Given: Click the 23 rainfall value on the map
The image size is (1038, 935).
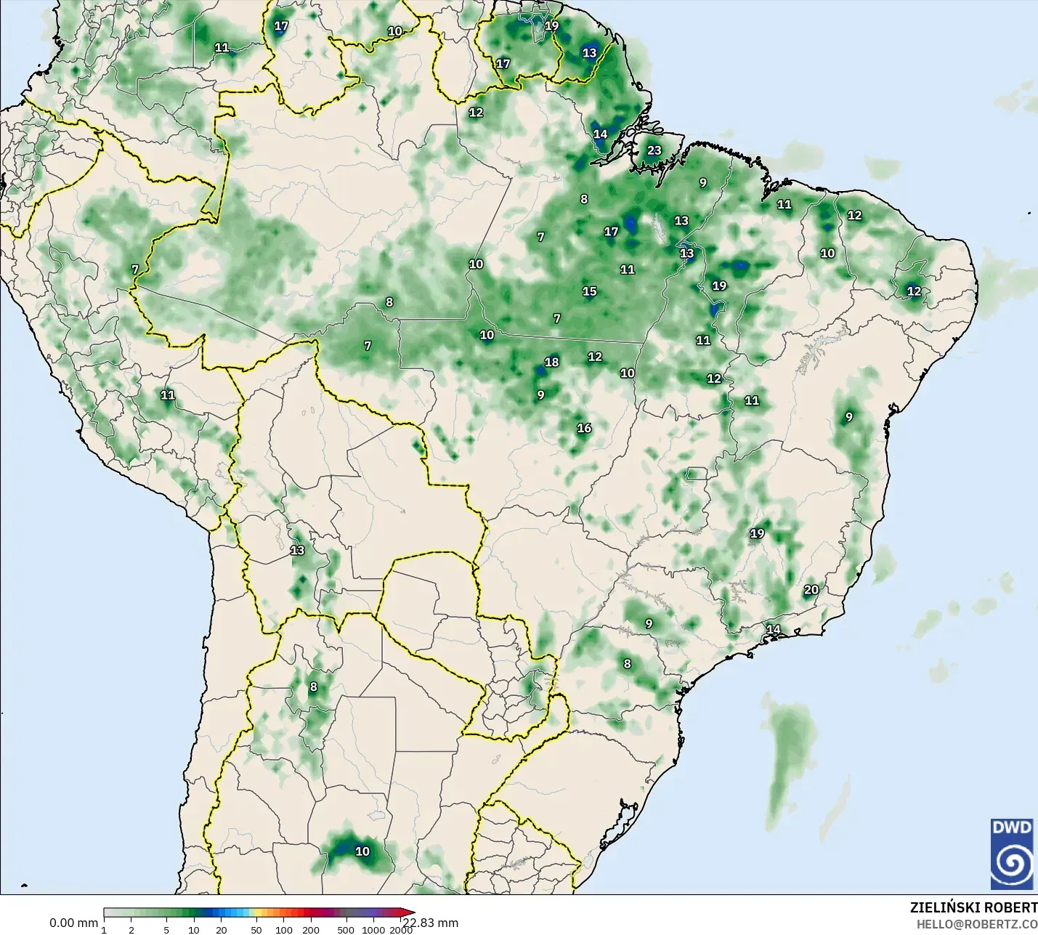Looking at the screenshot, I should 654,150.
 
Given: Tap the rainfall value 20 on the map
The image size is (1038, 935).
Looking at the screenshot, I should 811,590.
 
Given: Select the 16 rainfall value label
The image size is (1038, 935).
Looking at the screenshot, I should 584,428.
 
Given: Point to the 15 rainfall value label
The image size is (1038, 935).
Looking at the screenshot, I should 589,291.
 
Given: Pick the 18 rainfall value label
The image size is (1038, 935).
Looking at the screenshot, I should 552,362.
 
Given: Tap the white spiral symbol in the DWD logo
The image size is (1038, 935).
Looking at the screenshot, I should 1011,863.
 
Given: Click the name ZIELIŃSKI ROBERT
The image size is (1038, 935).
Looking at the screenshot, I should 973,907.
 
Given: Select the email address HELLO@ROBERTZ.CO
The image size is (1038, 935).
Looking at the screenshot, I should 976,924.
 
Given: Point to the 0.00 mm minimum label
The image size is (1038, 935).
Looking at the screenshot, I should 73,923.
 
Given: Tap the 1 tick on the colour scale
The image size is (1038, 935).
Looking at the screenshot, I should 104,929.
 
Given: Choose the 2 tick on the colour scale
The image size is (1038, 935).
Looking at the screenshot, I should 131,929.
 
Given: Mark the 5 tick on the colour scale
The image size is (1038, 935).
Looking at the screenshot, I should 167,929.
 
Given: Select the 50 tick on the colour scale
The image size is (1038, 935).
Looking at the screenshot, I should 256,929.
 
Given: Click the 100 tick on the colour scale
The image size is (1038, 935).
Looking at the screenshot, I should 284,929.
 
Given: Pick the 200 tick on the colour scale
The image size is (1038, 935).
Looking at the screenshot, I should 311,929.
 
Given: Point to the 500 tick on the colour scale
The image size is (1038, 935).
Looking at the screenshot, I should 346,929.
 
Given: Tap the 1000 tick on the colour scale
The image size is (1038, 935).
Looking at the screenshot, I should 374,929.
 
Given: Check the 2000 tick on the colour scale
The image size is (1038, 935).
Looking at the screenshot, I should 400,929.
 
